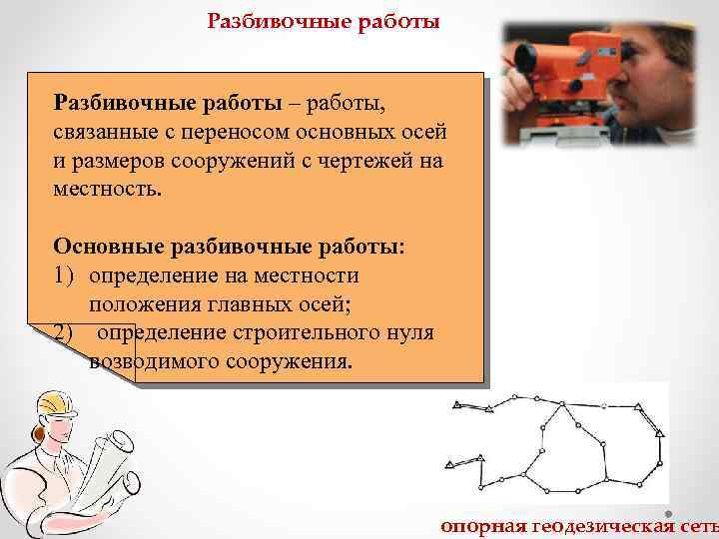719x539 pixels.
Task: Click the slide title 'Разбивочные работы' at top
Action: [x=323, y=22]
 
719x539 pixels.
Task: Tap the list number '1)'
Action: [x=67, y=274]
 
